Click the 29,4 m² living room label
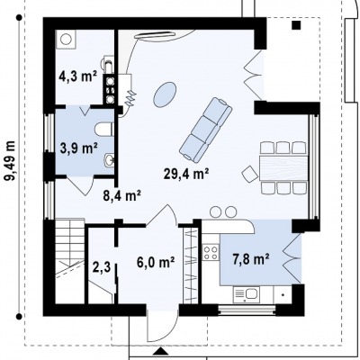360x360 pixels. click(x=186, y=174)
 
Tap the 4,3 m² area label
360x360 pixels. click(x=77, y=76)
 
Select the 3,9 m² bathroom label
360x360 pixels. click(x=79, y=148)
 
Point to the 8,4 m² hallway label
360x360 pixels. click(x=122, y=196)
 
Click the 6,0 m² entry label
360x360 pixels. click(x=156, y=263)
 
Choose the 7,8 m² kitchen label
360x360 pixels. click(x=251, y=259)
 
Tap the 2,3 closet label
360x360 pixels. click(x=102, y=267)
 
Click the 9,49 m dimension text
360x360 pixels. click(x=10, y=161)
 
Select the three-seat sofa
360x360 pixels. click(x=206, y=129)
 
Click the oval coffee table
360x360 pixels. click(x=165, y=94)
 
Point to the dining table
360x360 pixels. click(x=283, y=168)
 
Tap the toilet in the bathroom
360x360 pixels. click(x=103, y=130)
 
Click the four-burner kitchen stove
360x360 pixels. click(x=211, y=252)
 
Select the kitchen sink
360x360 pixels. click(x=247, y=294)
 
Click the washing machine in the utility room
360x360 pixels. click(x=67, y=39)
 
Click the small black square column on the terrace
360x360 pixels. click(x=297, y=25)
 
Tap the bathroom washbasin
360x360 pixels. click(x=109, y=160)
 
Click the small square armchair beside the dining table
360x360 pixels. click(x=249, y=174)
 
